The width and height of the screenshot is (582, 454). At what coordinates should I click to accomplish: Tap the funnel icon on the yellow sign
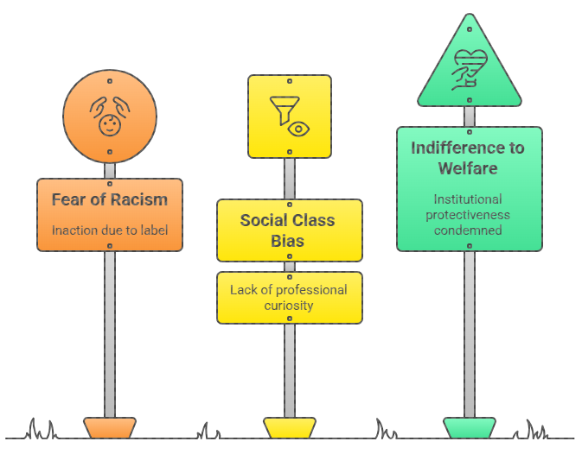(x=281, y=108)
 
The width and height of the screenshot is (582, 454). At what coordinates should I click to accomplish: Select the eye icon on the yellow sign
(x=299, y=129)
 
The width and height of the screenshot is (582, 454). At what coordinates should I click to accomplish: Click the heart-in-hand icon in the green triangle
(x=469, y=68)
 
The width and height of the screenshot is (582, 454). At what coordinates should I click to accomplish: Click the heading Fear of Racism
(x=110, y=200)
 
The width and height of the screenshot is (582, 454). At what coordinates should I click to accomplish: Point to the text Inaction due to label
(x=110, y=230)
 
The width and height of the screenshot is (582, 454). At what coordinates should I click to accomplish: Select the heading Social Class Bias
(x=290, y=230)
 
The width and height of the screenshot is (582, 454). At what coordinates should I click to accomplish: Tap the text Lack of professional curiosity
(x=290, y=297)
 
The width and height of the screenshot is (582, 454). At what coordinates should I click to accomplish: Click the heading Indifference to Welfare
(x=468, y=158)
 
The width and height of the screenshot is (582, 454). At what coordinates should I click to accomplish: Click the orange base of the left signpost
(x=110, y=428)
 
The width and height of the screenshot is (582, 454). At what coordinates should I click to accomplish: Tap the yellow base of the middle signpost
(x=290, y=428)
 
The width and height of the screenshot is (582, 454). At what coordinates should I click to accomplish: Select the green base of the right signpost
(x=470, y=428)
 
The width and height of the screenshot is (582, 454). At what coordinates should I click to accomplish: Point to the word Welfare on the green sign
(x=468, y=169)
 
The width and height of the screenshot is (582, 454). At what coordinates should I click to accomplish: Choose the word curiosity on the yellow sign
(x=290, y=306)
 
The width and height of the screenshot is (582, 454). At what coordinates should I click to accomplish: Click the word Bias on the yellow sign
(x=290, y=241)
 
